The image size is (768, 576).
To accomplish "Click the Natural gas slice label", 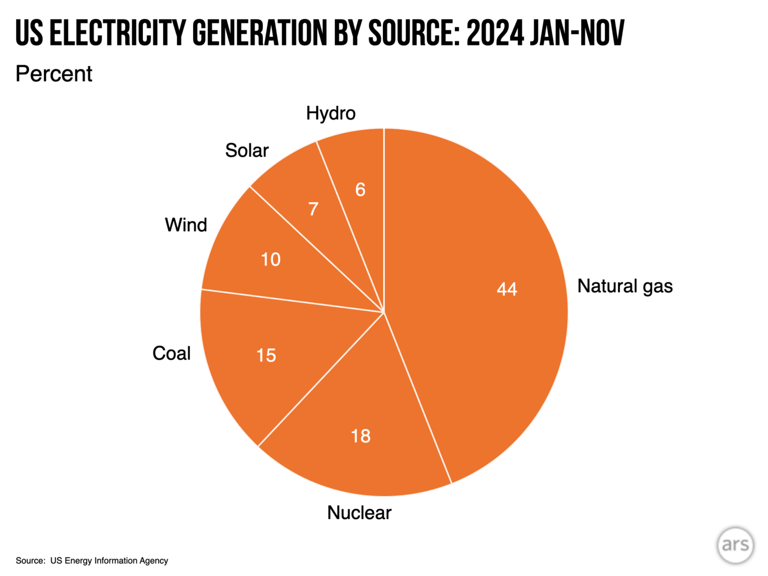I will (625, 286).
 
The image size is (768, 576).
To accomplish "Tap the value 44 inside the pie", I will (507, 289).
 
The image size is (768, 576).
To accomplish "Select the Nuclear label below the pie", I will (359, 513).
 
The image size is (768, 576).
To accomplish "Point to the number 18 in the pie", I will (361, 436).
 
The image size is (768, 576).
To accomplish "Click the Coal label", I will (171, 353).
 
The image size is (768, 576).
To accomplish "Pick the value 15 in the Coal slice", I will (266, 355).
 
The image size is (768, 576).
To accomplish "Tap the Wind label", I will (186, 225).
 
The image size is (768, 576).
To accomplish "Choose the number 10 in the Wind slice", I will (270, 260).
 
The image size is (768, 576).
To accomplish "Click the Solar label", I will (246, 150).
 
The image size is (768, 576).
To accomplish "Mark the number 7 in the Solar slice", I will (314, 209).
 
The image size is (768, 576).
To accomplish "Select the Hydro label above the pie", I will (331, 113).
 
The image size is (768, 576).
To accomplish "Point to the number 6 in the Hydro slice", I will (361, 190).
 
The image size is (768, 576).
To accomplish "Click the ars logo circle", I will (735, 545).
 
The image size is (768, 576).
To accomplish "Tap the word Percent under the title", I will (54, 74).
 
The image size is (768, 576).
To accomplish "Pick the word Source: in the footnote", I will (30, 561).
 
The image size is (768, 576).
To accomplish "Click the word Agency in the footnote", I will (154, 561).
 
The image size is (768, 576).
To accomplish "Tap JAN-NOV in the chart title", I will (577, 33).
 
